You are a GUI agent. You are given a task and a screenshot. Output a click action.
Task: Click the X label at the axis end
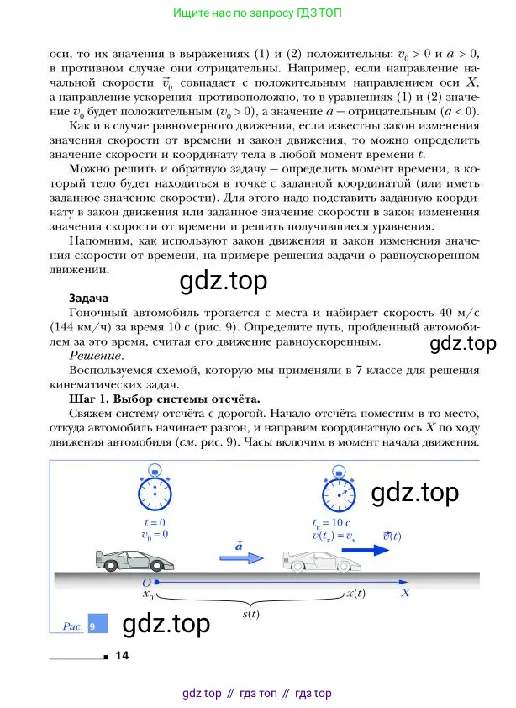coord(405,593)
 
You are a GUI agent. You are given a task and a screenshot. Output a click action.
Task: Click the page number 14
coord(120,656)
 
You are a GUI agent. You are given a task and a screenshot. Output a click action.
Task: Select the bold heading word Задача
coord(88,298)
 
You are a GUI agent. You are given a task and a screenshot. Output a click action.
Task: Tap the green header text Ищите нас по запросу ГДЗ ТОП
coord(257,14)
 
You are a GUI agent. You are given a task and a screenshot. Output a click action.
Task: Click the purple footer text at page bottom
coord(257,693)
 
